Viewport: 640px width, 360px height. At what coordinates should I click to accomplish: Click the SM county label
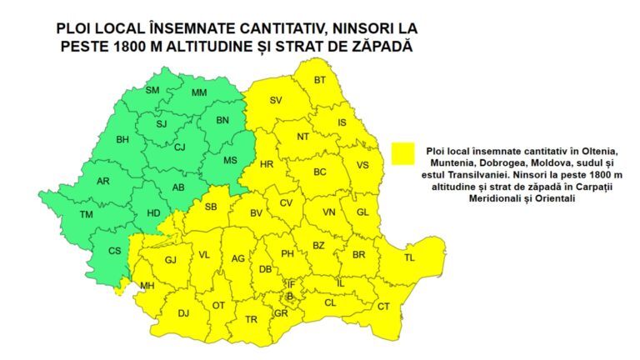(152, 90)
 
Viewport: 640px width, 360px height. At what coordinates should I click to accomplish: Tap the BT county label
(320, 80)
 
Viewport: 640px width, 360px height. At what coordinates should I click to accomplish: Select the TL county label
(409, 258)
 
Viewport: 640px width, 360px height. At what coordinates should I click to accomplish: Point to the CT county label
(383, 307)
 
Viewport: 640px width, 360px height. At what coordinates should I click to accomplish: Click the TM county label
(87, 215)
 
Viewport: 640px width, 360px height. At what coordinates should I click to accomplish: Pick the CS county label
(114, 251)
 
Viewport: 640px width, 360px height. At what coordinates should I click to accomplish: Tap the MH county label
(147, 286)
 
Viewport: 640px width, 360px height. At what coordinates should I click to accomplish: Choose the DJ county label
(184, 313)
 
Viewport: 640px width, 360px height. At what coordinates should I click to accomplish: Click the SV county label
(277, 101)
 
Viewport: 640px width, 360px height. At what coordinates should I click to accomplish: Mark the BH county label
(123, 139)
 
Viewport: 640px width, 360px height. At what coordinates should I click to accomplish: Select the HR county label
(267, 164)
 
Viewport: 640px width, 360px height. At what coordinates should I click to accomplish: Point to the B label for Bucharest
(289, 296)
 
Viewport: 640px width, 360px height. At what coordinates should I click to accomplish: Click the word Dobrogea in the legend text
(492, 162)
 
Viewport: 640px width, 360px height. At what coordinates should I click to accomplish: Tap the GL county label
(362, 212)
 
